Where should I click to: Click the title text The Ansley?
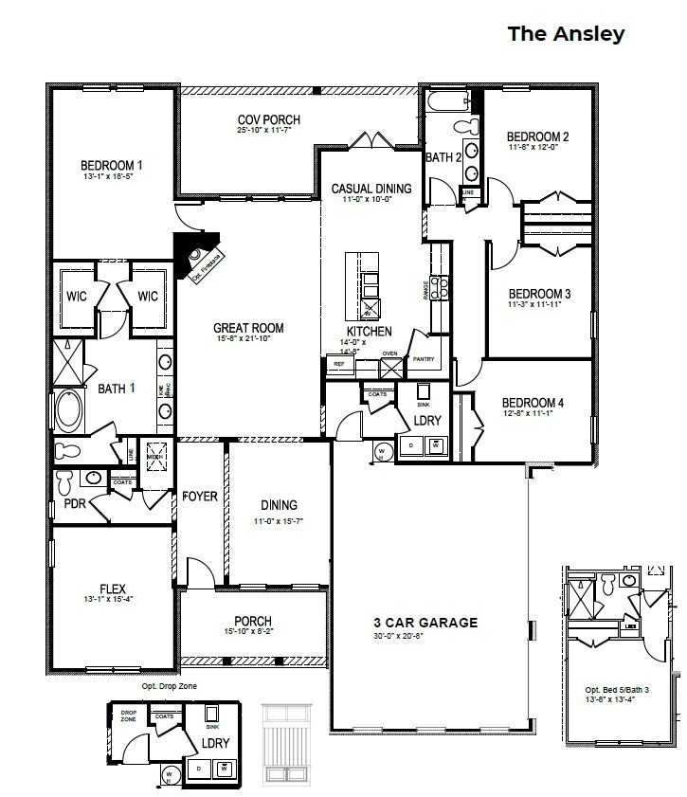[566, 34]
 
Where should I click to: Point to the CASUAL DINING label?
[371, 189]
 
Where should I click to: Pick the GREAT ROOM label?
[248, 328]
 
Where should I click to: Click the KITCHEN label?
[369, 332]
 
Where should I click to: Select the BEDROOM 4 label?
[533, 403]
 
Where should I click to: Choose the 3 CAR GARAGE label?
[425, 623]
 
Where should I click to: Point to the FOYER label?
[200, 496]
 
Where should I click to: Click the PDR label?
[74, 503]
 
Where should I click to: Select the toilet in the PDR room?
[64, 481]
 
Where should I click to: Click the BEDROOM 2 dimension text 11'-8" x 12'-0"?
[537, 147]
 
